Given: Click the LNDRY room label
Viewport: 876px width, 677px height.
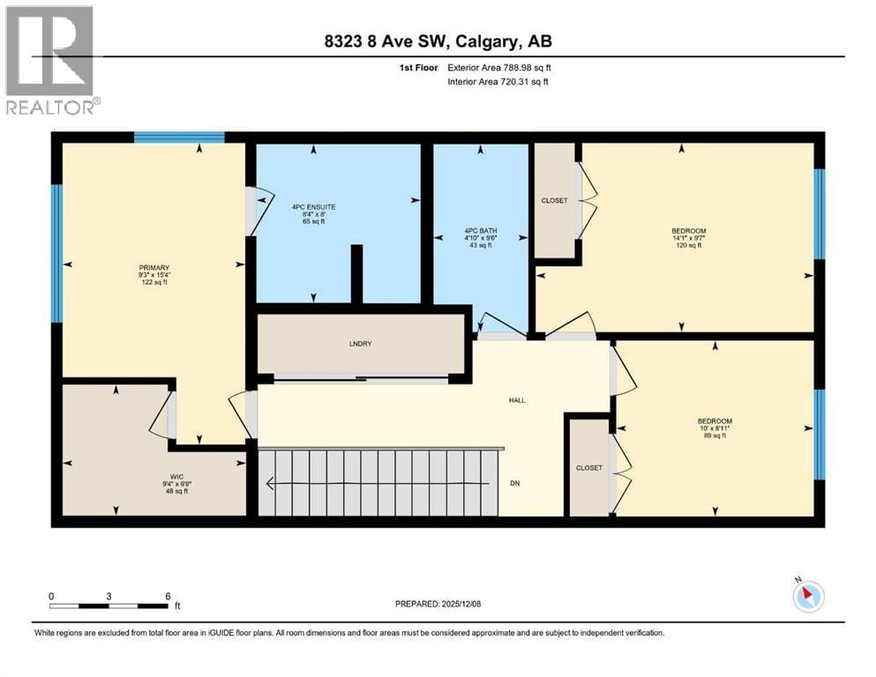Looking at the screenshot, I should click(360, 344).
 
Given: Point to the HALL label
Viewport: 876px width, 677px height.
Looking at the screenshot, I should click(517, 400).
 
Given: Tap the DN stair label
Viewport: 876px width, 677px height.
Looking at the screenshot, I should click(515, 483).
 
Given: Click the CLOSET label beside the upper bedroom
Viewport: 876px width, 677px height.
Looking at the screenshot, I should click(554, 201).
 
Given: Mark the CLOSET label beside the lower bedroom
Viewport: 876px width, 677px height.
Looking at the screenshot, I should click(589, 468).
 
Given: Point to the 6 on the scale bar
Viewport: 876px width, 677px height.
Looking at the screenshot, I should click(167, 596).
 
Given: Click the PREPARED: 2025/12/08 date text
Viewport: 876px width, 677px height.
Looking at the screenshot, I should click(438, 604).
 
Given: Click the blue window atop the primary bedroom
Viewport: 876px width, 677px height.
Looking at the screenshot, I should click(179, 137).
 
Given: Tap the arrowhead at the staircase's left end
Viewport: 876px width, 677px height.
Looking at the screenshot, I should click(271, 483).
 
